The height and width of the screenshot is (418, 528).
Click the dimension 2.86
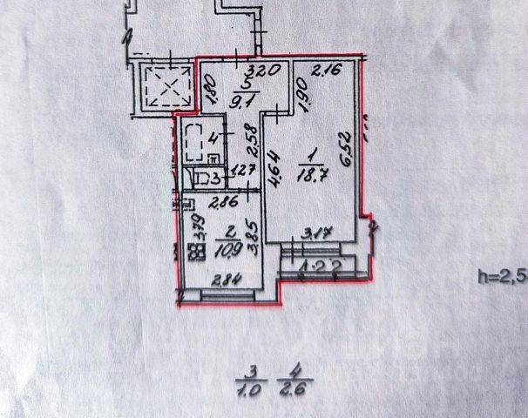[x=205, y=202]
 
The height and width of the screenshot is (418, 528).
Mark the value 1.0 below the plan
[x=249, y=388]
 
